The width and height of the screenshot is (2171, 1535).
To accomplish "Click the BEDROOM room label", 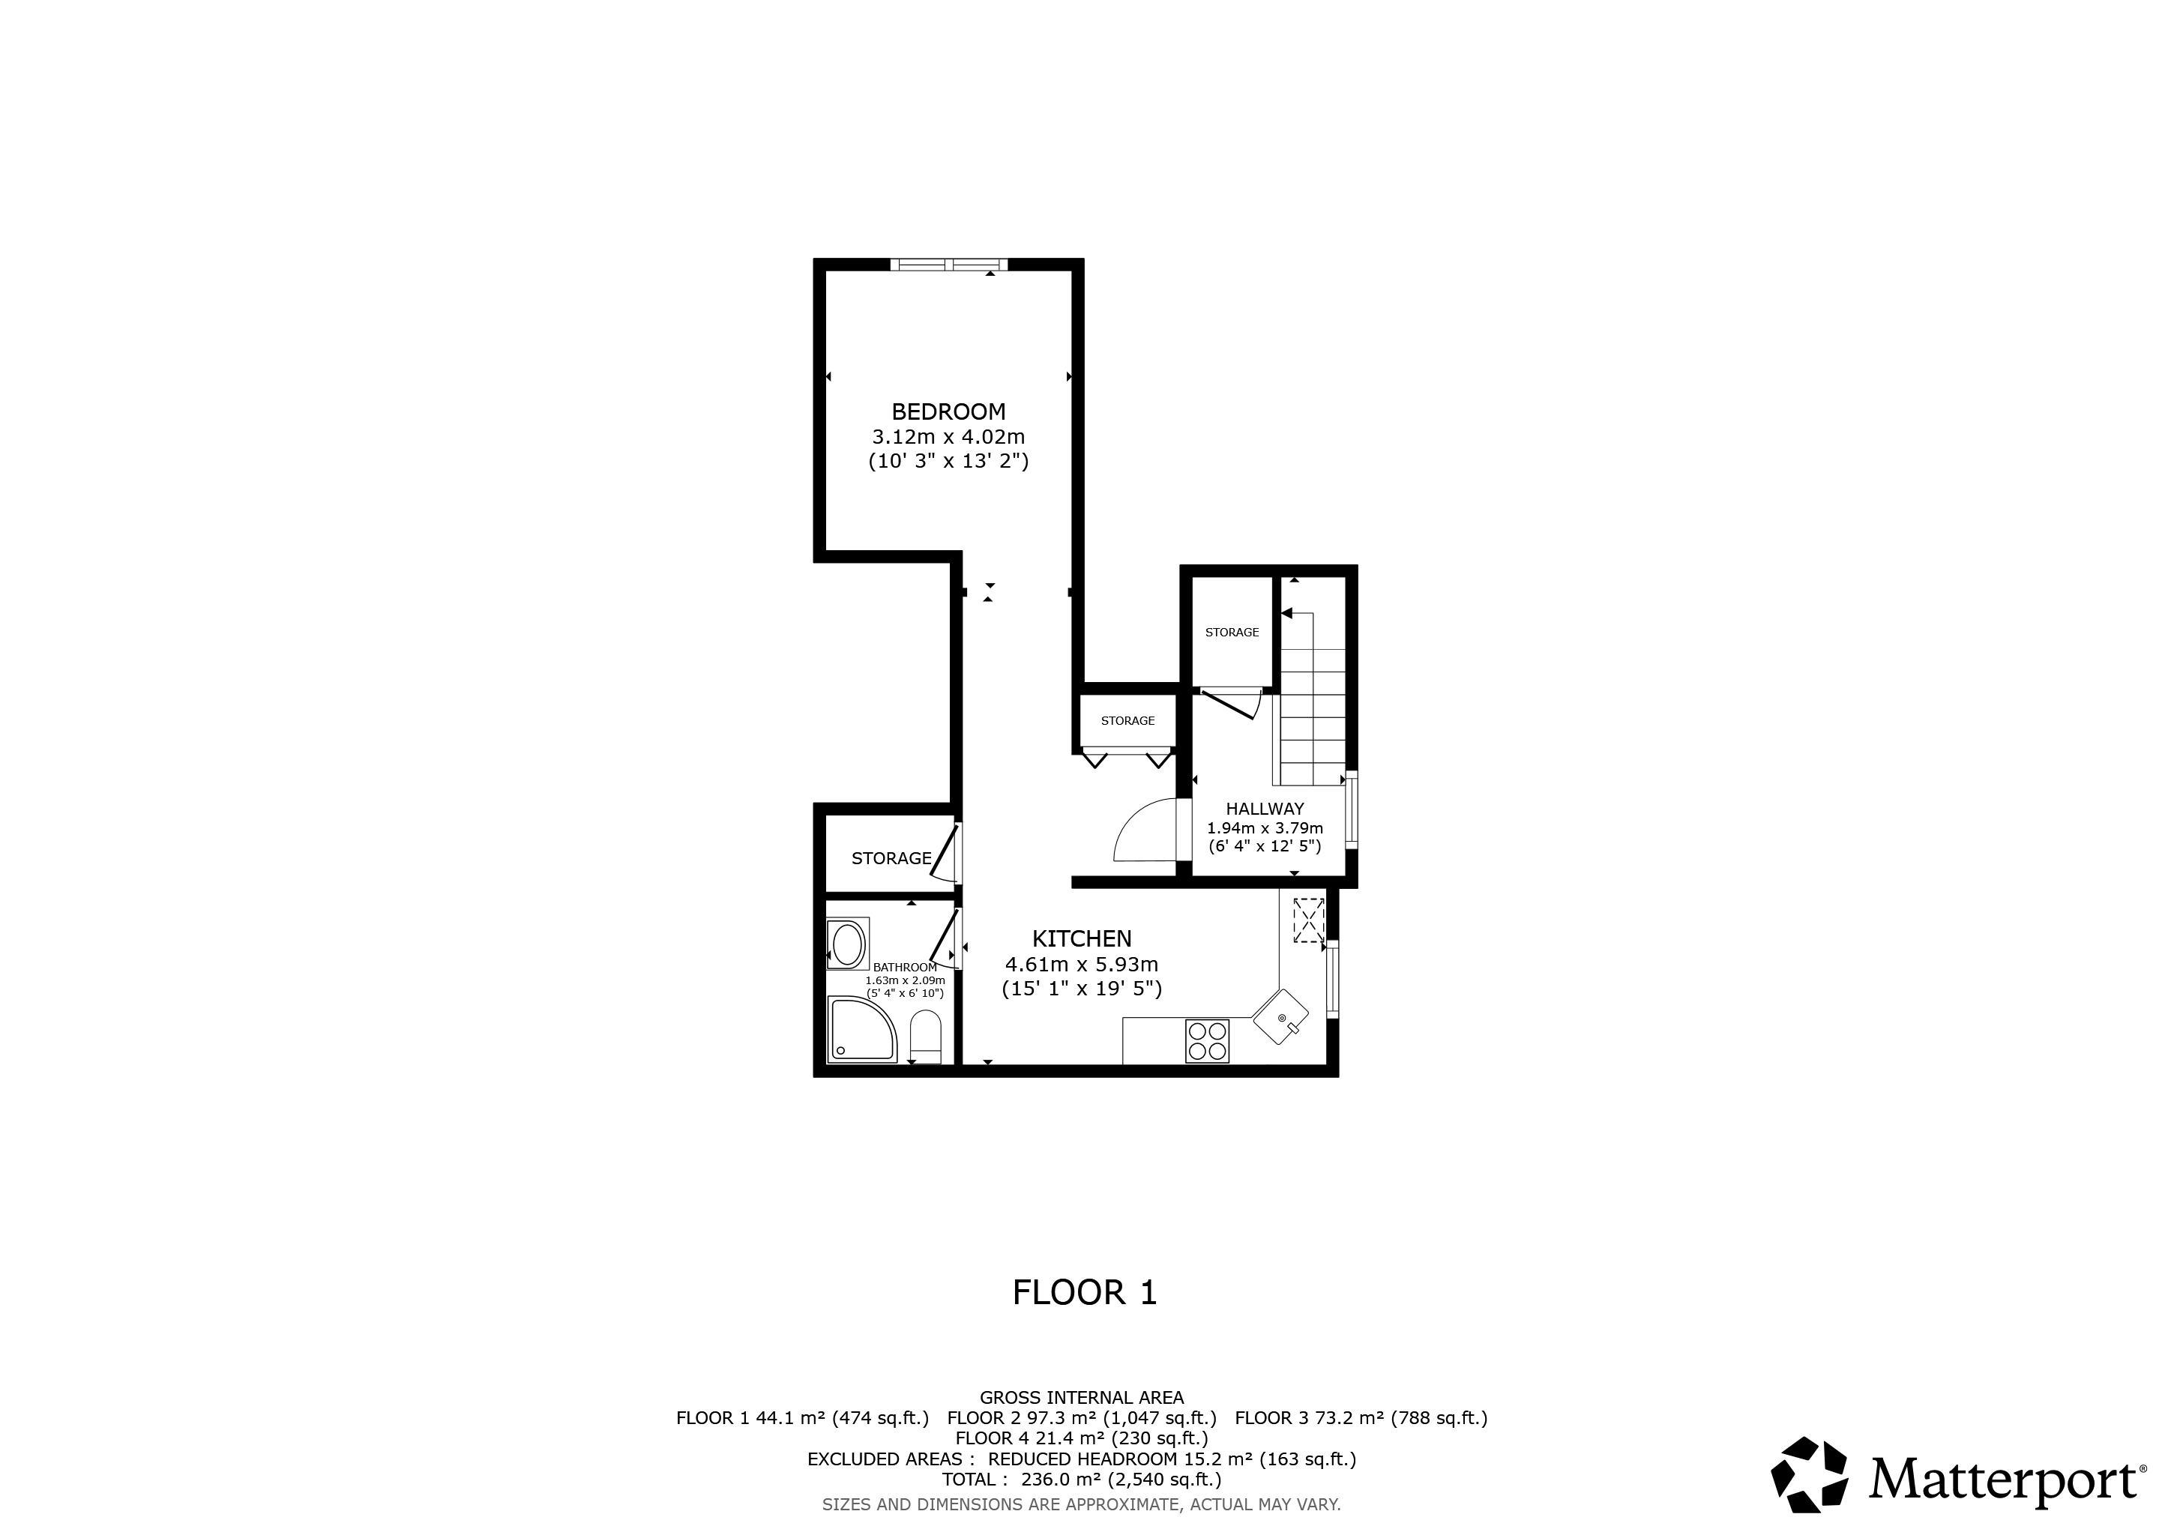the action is (948, 411).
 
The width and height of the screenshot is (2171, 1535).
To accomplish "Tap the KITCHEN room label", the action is (1082, 938).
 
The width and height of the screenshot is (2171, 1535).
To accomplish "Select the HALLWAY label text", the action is (1264, 809).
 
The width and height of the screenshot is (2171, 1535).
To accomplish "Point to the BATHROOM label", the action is (905, 967).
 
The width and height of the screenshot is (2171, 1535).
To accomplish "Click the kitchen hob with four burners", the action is (1206, 1040).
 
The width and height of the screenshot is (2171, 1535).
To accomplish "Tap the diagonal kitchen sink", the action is (1281, 1017).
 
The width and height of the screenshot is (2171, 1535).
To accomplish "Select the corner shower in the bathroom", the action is (862, 1029).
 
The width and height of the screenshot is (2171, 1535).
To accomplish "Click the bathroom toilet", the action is (925, 1037).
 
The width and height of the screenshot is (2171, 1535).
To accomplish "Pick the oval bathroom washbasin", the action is (847, 944).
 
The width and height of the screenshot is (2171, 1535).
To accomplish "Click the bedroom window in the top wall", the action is (948, 265).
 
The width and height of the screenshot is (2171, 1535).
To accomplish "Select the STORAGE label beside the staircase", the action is (1232, 633).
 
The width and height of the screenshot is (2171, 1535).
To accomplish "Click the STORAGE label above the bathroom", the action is (891, 858).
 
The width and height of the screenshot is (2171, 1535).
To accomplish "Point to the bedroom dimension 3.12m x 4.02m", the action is (948, 437).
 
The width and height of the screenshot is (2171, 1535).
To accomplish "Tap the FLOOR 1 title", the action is (1085, 1292).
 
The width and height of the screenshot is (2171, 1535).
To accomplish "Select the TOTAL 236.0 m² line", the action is (1082, 1480).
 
